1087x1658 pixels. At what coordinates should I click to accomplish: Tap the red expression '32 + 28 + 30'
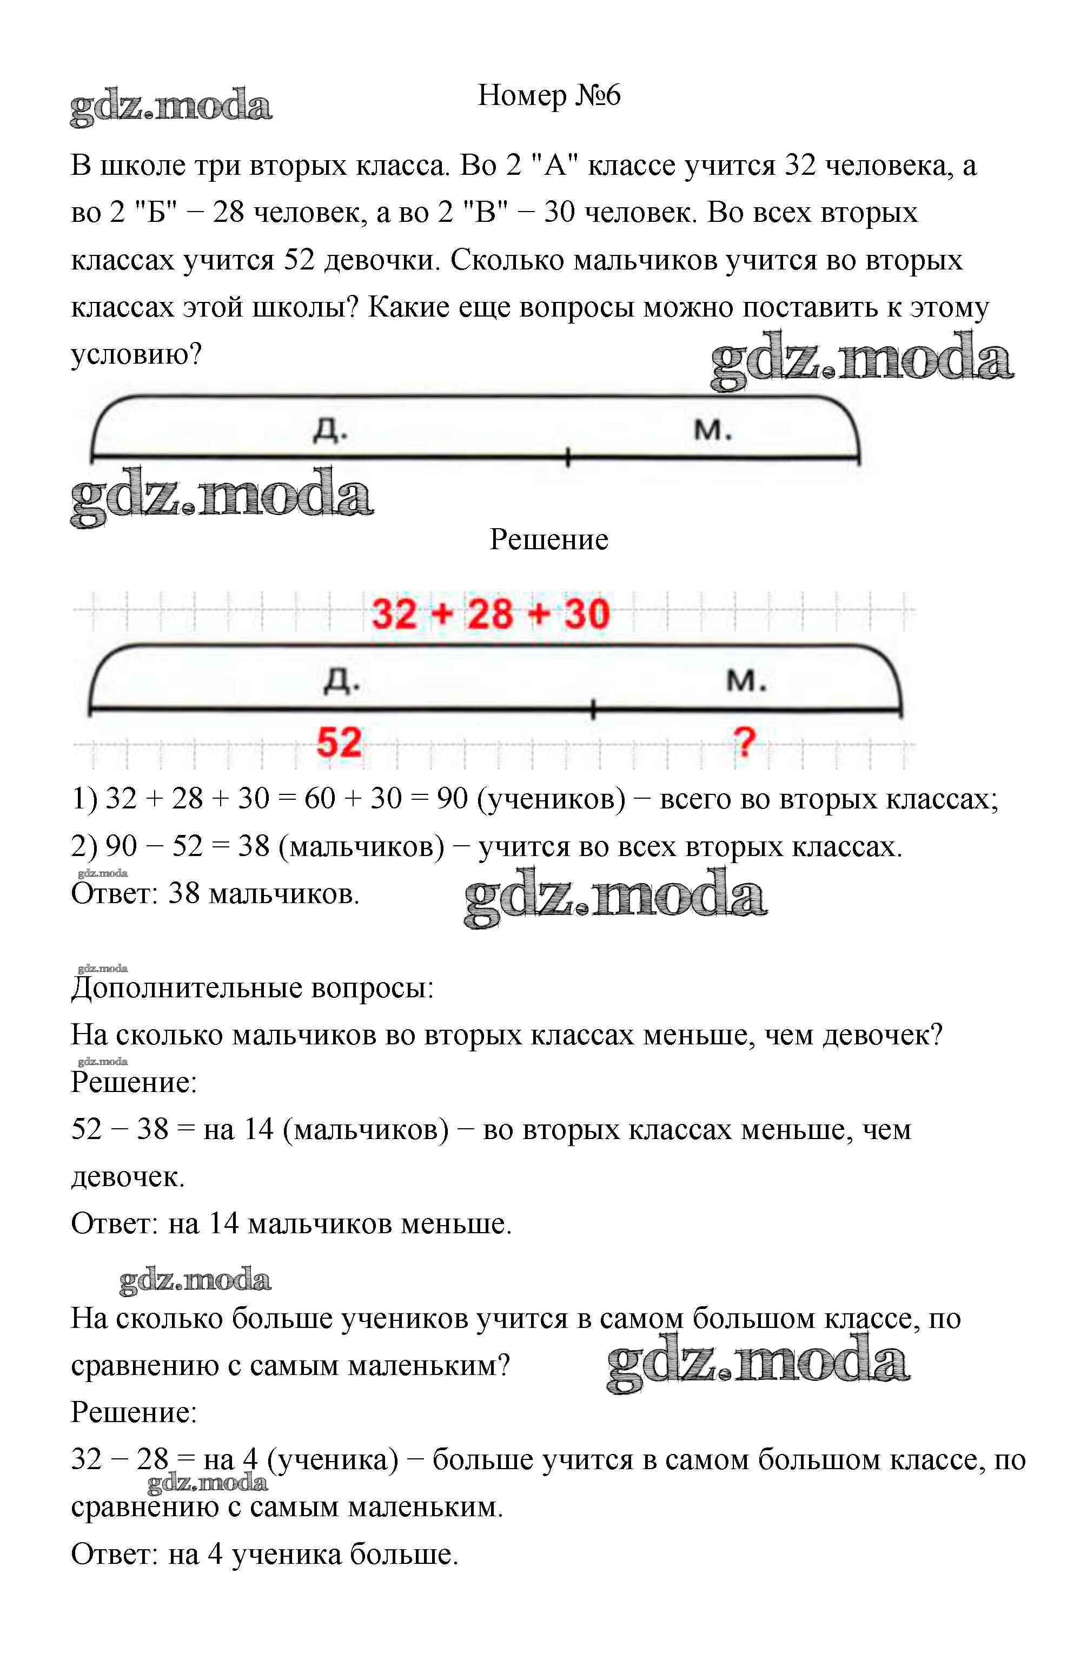click(x=491, y=614)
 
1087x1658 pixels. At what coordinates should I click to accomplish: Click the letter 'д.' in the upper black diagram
click(x=330, y=431)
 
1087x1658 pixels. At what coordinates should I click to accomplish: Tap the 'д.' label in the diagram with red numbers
click(x=342, y=681)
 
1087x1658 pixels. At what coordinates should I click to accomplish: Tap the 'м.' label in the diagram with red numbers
click(x=746, y=681)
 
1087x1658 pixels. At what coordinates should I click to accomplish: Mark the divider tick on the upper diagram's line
click(x=567, y=457)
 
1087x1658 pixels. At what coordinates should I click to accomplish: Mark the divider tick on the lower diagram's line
click(x=593, y=710)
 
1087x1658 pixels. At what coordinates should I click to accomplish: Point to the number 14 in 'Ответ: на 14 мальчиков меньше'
click(x=224, y=1223)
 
